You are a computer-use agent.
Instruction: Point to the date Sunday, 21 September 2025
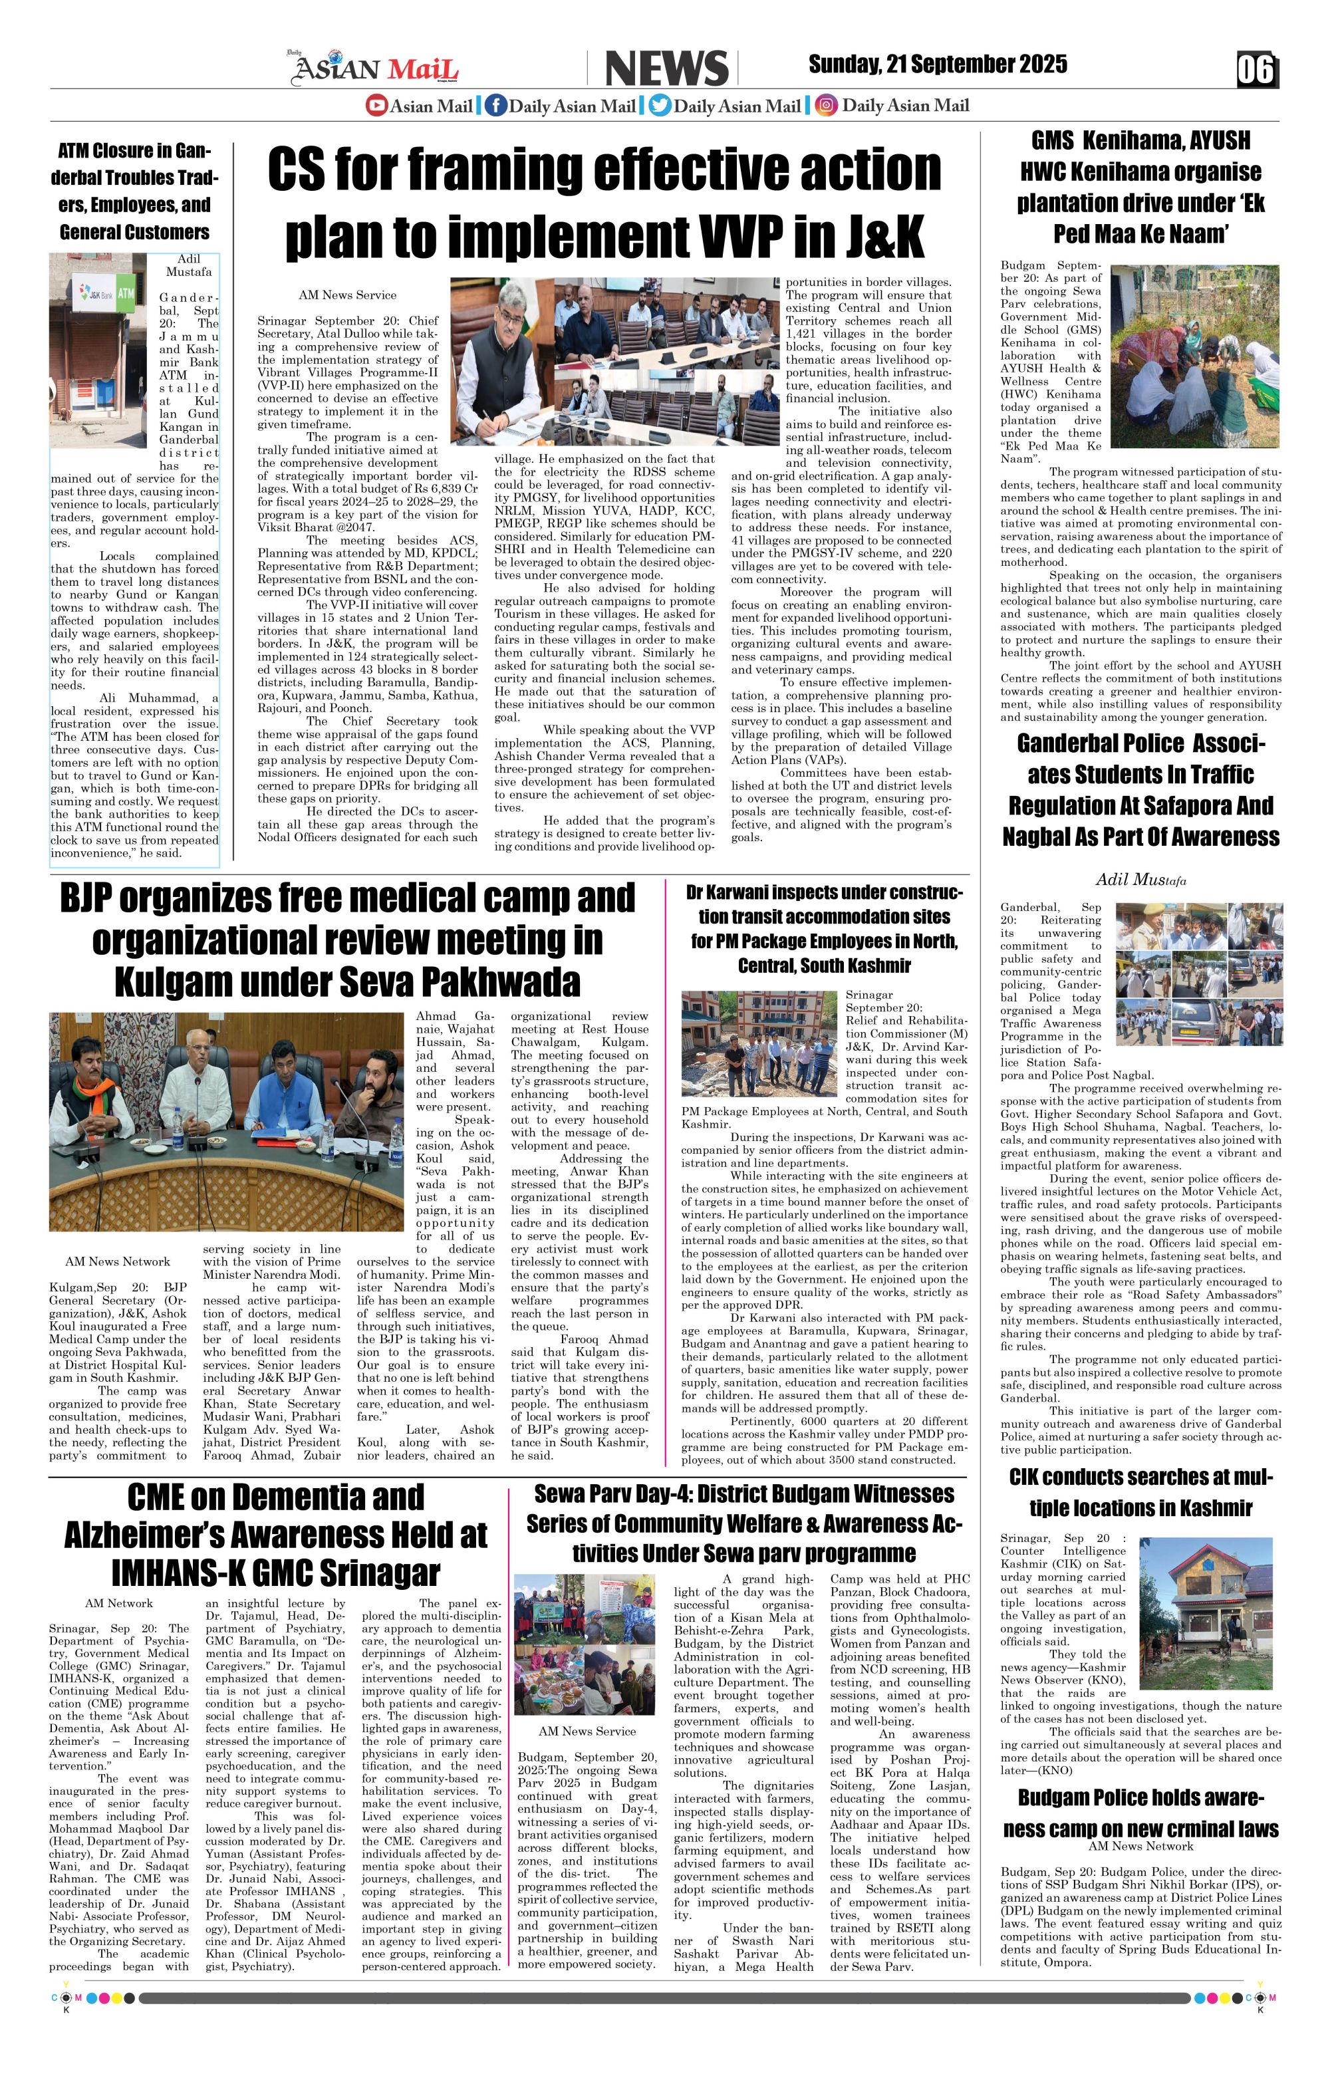[x=937, y=64]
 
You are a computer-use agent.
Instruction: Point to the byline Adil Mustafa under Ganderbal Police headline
[x=1140, y=880]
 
